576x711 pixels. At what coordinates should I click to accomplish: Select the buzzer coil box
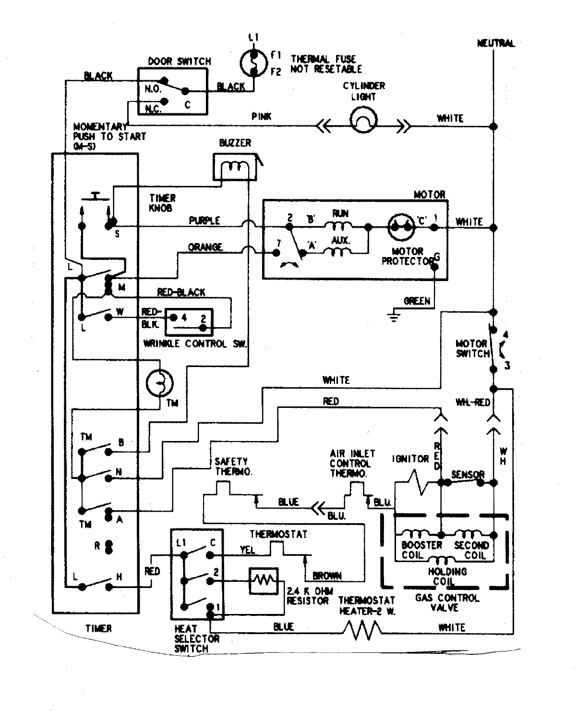coord(232,167)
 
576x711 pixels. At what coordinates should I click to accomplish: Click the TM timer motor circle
coord(159,382)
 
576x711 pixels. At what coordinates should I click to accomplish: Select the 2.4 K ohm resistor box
coord(263,581)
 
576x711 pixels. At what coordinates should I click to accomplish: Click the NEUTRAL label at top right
coord(496,43)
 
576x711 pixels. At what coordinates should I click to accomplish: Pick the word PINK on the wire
coord(261,117)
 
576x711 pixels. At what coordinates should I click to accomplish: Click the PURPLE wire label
coord(204,221)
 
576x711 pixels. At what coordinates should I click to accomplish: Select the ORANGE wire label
coord(205,247)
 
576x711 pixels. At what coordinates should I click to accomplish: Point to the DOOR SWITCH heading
coord(179,61)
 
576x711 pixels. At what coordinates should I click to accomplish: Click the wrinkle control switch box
coord(189,322)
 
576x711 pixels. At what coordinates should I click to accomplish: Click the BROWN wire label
coord(327,575)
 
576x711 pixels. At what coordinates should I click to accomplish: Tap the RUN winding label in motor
coord(340,213)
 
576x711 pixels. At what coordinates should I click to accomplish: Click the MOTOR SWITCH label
coord(471,349)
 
